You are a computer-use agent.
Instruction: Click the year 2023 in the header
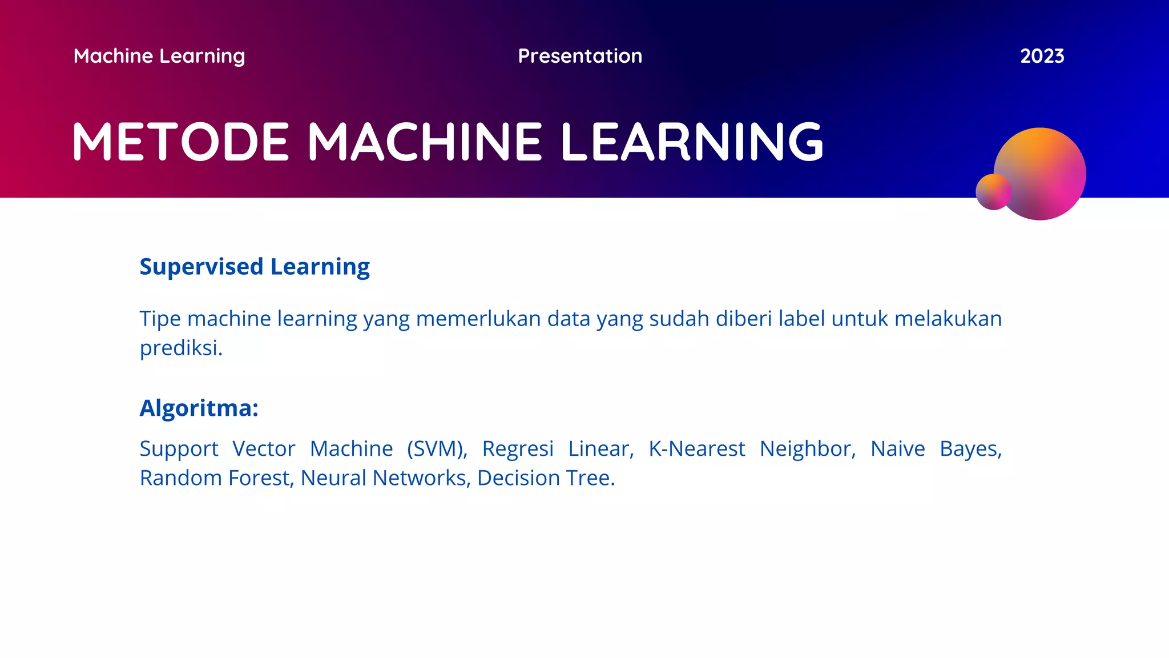1042,56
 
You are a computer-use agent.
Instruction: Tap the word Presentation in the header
580,56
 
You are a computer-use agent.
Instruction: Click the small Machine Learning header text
159,56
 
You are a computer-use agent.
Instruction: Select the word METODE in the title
181,142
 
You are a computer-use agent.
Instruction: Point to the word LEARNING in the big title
692,142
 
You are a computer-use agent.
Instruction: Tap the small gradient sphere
993,192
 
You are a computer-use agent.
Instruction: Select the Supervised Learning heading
255,267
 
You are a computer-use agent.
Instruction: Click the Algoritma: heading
199,408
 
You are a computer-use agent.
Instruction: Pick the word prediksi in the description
180,348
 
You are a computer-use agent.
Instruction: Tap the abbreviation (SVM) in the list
437,449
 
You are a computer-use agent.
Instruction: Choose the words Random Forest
216,478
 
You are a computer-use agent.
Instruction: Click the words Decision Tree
545,478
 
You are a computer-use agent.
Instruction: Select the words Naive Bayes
936,449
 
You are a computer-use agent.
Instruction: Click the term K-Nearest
696,449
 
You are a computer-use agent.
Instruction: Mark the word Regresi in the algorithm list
518,449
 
